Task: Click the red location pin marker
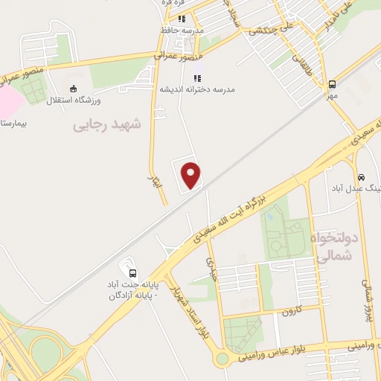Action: coord(192,175)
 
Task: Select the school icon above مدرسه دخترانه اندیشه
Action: coord(197,77)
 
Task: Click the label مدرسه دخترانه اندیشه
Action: coord(197,89)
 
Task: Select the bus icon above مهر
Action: coord(332,84)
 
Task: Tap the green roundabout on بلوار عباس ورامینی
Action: coord(222,359)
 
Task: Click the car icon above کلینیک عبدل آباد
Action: coord(361,178)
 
